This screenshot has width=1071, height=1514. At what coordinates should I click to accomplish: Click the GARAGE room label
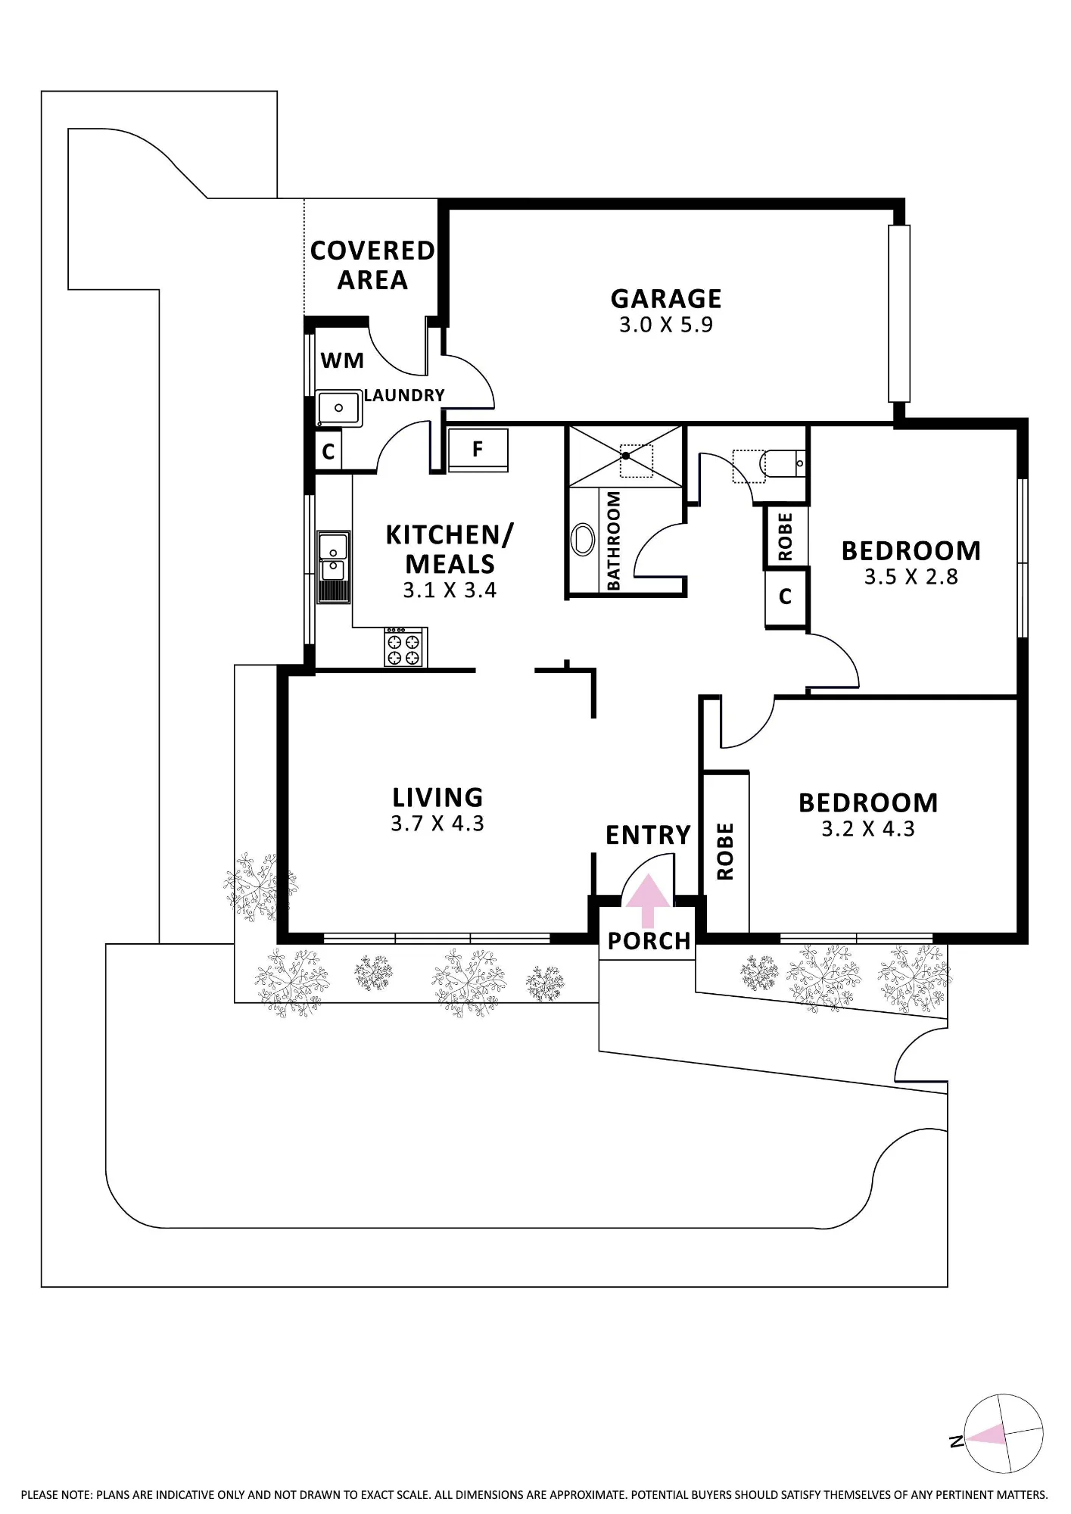pos(666,299)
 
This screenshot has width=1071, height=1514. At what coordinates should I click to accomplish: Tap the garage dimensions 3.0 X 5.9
pos(666,326)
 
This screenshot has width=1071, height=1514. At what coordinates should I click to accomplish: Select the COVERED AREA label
pos(372,265)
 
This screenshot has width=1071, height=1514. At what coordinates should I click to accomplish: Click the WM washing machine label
pos(342,360)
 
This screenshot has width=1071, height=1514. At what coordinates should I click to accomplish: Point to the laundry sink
pos(338,409)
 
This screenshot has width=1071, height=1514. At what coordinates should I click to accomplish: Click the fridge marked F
pos(478,450)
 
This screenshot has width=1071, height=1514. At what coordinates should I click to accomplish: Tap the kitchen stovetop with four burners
pos(405,647)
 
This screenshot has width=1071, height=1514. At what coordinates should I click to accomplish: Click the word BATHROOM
pos(614,540)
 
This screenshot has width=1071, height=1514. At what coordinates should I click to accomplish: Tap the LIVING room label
pos(437,797)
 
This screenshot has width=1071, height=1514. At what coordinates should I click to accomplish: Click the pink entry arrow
pos(647,901)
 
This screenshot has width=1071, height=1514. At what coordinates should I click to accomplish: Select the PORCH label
pos(649,941)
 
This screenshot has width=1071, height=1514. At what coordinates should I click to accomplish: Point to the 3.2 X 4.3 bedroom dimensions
pos(868,829)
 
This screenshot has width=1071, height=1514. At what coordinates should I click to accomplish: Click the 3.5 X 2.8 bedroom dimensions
pos(911,577)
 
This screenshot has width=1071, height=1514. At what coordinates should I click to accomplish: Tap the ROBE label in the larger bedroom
pos(725,852)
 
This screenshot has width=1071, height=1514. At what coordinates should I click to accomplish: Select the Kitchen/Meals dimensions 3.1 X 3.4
pos(450,590)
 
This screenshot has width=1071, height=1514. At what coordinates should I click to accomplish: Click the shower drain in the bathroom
pos(627,455)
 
